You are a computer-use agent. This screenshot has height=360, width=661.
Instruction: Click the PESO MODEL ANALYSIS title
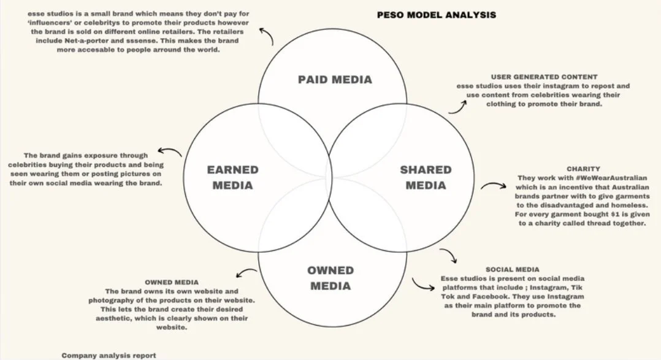click(x=436, y=13)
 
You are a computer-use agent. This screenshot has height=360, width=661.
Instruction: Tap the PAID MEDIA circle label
click(x=335, y=79)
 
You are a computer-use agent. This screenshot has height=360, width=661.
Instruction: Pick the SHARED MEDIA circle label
click(x=426, y=177)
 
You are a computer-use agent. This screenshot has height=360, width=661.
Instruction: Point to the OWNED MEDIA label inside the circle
click(x=330, y=278)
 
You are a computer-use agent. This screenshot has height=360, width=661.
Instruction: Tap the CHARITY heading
click(x=583, y=168)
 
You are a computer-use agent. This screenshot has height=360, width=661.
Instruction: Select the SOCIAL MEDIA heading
click(x=513, y=269)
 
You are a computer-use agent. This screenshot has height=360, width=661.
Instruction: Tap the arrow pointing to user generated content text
click(x=456, y=106)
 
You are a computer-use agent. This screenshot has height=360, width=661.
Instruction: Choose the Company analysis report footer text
click(x=109, y=355)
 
